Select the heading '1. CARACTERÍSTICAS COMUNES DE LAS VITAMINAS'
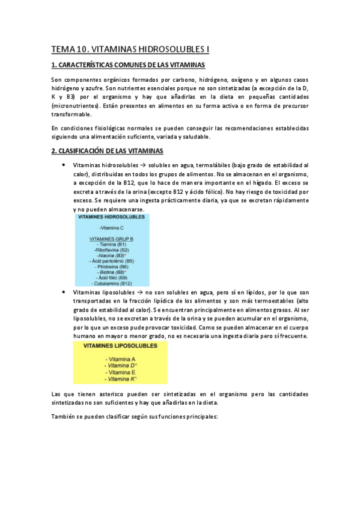coord(128,65)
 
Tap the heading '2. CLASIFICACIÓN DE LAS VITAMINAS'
coord(106,150)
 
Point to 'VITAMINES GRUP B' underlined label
coord(111,239)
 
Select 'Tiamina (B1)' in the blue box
coord(112,245)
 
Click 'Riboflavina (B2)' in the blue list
coord(112,250)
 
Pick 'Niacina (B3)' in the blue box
coord(112,256)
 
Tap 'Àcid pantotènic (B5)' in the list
coord(111,261)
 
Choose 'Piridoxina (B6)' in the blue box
coord(112,266)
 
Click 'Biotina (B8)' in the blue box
coord(112,272)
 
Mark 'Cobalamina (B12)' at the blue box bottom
coord(112,283)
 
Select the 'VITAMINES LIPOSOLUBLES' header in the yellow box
coord(120,346)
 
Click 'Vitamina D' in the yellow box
coord(121,365)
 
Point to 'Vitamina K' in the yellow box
coord(121,379)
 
